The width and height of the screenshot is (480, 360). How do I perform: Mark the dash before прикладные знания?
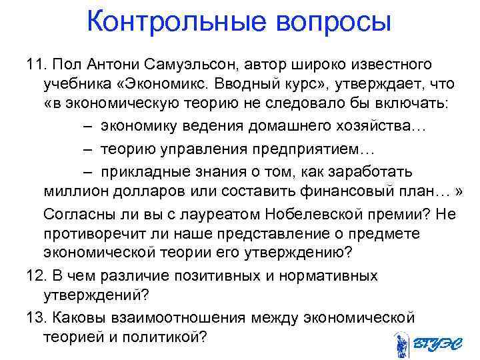point(90,171)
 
